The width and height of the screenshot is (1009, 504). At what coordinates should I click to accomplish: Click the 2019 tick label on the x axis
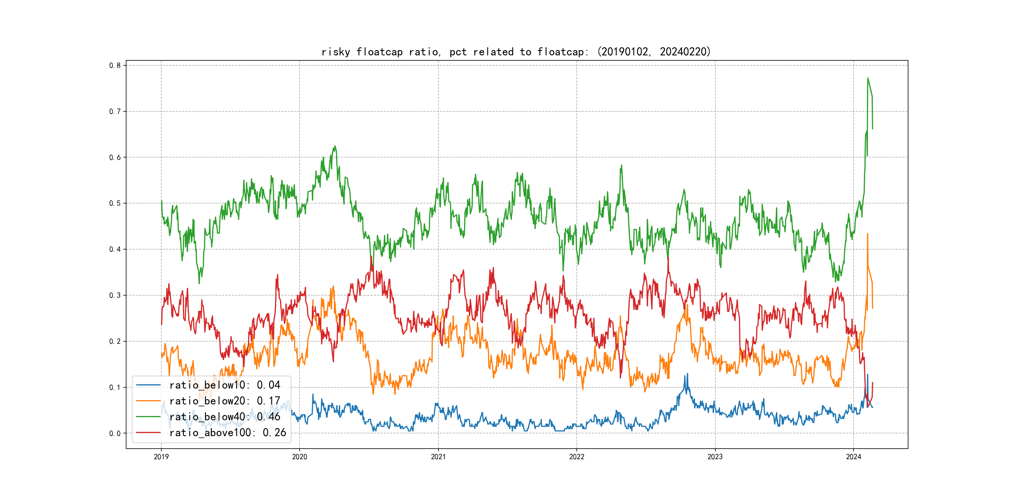click(x=161, y=457)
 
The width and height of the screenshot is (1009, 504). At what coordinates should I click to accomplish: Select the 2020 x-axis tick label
click(x=300, y=457)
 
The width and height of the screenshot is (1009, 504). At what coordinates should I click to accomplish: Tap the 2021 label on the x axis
click(x=438, y=457)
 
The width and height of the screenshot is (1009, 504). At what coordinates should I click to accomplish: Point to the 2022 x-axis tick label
click(x=576, y=457)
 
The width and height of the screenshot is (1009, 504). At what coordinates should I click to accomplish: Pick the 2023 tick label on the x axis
click(x=715, y=457)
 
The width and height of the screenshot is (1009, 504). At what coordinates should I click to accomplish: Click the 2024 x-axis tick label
click(x=854, y=457)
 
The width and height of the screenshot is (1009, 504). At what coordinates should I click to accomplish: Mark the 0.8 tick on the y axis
click(x=115, y=65)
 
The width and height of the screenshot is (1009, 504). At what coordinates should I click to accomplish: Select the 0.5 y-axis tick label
click(x=115, y=203)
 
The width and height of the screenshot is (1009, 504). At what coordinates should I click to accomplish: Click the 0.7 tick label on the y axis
click(x=115, y=111)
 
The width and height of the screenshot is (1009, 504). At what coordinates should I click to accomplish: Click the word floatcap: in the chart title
click(x=562, y=52)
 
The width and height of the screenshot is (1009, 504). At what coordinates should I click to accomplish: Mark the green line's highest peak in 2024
click(x=868, y=78)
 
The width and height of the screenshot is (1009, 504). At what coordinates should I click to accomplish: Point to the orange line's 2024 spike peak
click(x=868, y=234)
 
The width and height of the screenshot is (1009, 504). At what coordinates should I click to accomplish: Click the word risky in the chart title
click(x=336, y=52)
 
